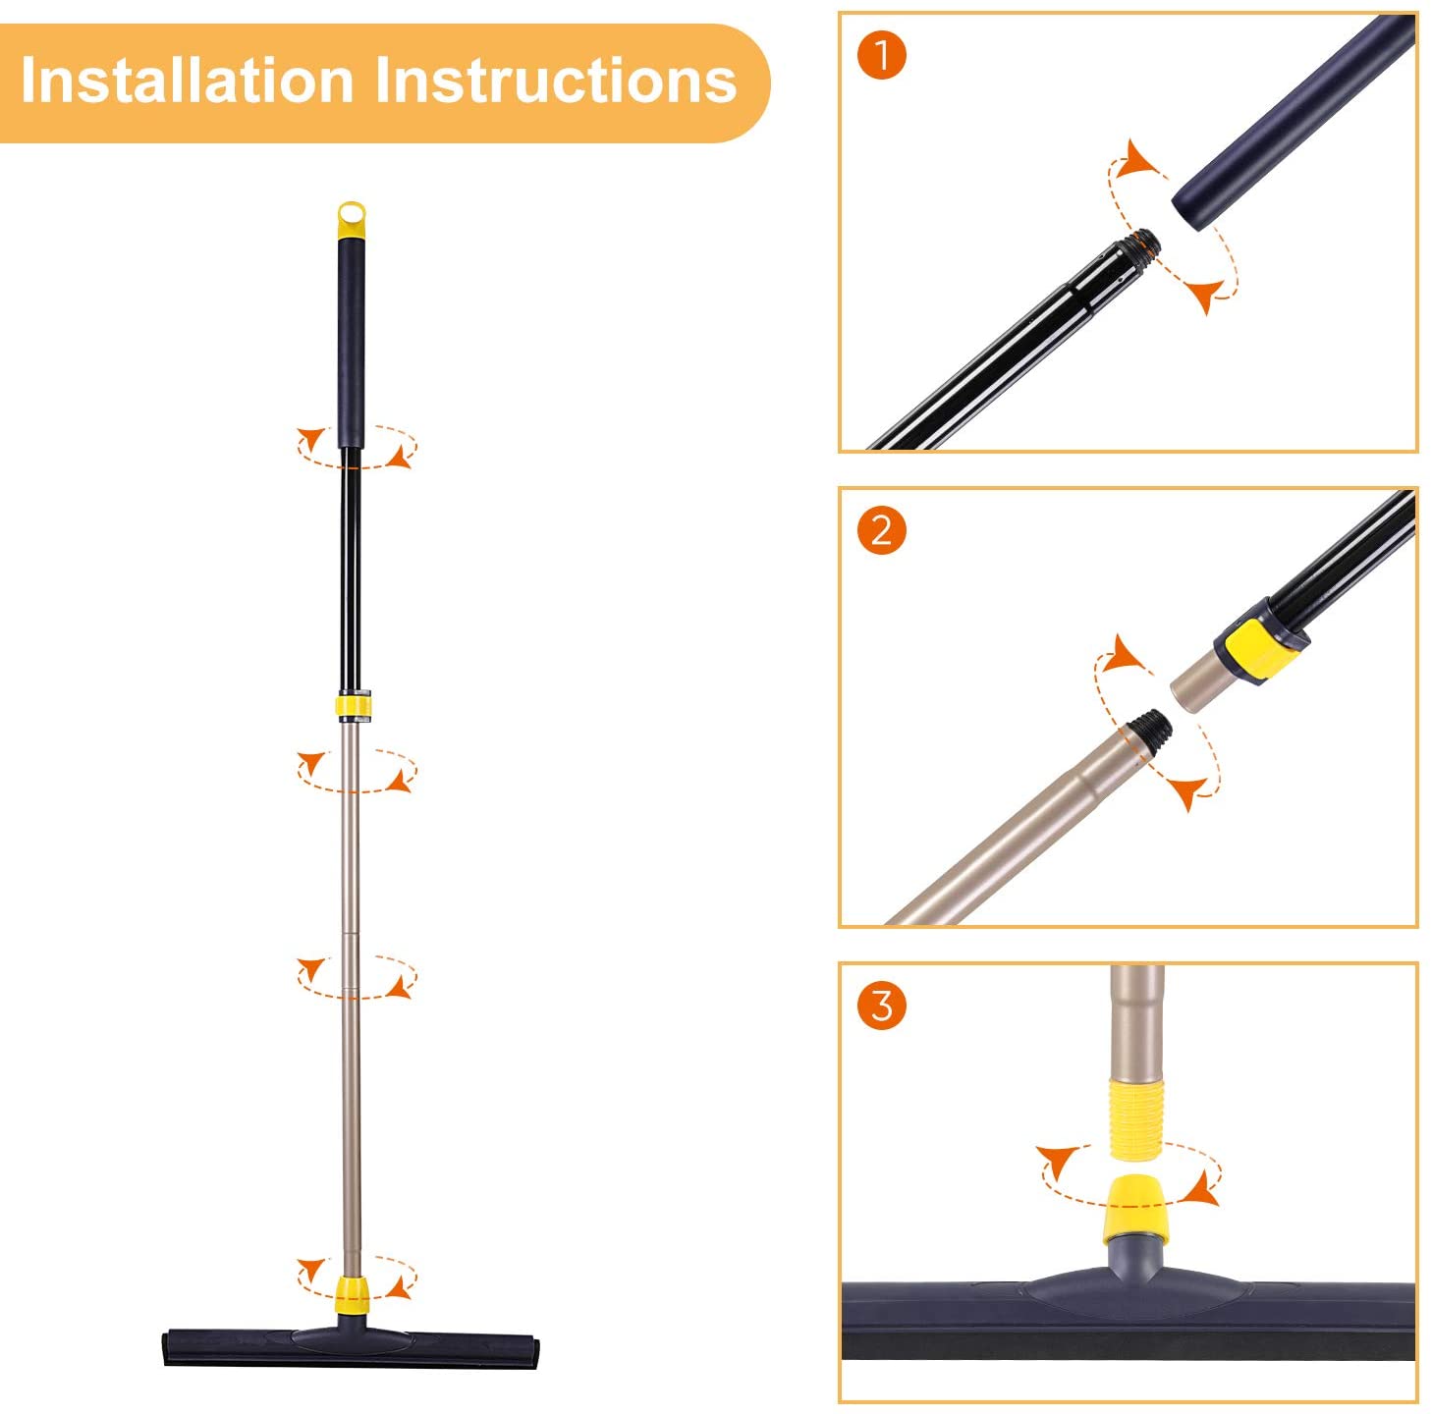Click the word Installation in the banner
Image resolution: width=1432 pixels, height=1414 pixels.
point(188,81)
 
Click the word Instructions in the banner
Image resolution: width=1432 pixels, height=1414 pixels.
point(557,81)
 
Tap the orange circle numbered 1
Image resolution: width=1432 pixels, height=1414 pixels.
point(881,55)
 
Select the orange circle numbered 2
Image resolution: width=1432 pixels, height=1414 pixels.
point(881,530)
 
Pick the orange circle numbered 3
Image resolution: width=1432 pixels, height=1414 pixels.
point(881,1006)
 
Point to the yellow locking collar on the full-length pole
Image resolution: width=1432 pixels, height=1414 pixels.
point(354,706)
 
